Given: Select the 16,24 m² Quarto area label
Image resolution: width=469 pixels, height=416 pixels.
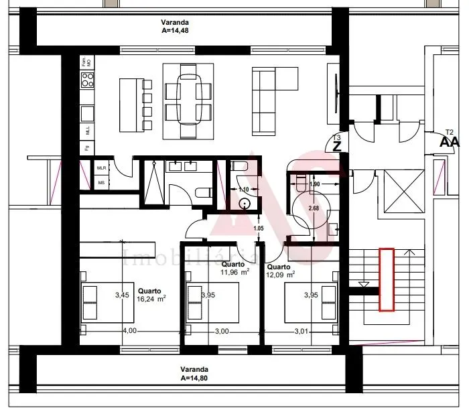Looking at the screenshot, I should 151,295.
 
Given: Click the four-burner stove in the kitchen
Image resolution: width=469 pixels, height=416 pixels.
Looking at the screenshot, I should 88,80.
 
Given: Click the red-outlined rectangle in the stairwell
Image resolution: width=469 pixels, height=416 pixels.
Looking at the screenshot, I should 387,279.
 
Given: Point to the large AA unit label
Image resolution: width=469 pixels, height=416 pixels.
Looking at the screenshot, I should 450,142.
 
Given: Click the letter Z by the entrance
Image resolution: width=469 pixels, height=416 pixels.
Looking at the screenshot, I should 337,145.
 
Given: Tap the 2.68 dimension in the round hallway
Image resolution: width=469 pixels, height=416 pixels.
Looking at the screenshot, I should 313,208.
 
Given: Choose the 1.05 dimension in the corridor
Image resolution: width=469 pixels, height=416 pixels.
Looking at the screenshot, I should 259,229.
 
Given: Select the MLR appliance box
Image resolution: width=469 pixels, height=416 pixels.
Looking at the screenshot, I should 102,168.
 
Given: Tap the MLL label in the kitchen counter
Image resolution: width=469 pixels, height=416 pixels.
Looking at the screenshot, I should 88,130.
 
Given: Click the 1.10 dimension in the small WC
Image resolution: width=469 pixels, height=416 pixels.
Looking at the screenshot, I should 244,190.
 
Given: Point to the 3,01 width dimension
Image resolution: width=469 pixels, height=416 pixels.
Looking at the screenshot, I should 304,330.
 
